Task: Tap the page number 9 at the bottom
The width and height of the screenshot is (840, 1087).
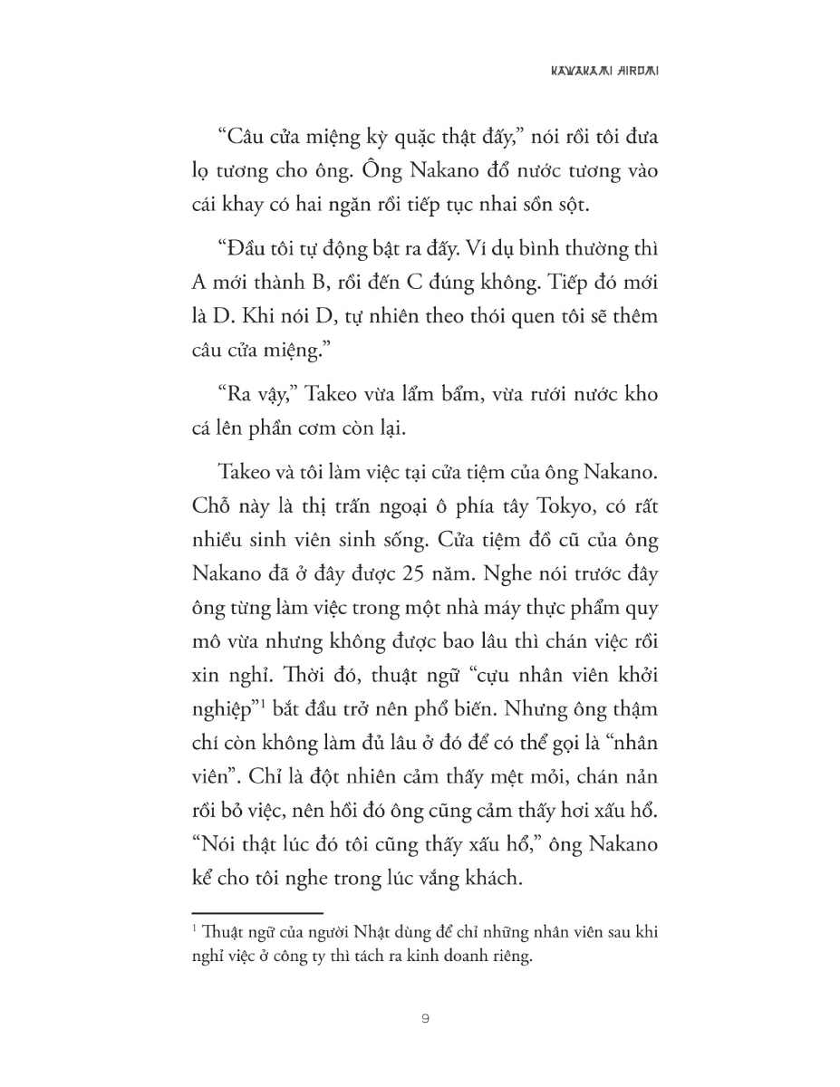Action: pos(425,1019)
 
